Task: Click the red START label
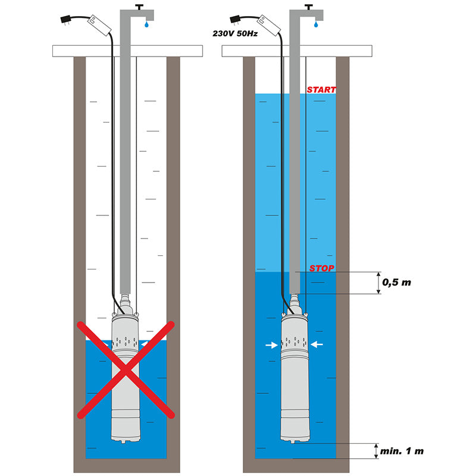click(x=321, y=90)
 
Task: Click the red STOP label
click(x=321, y=268)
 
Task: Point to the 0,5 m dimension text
click(x=396, y=282)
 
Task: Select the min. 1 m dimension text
click(x=403, y=451)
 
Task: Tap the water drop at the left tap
click(x=146, y=26)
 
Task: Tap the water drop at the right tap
click(x=315, y=26)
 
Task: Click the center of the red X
click(x=126, y=369)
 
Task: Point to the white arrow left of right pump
click(x=271, y=345)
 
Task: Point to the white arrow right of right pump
click(x=317, y=344)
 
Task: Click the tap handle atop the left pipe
click(x=140, y=7)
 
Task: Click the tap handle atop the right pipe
click(x=309, y=7)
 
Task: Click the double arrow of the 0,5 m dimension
click(x=377, y=283)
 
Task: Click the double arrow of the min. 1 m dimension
click(x=375, y=451)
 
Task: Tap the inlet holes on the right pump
click(x=294, y=343)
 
